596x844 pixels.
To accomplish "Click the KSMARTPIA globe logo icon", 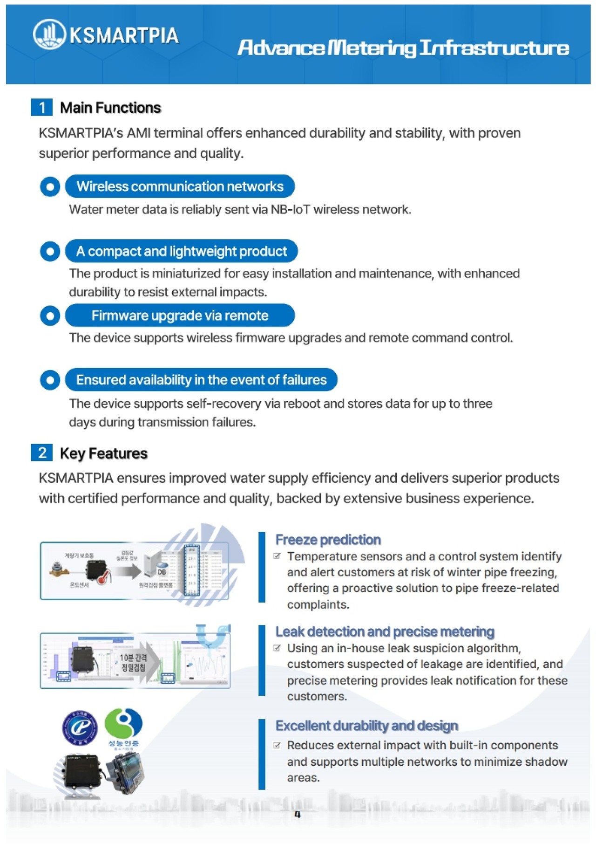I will [49, 34].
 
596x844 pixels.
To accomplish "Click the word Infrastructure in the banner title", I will [494, 48].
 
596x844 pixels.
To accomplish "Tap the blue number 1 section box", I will [42, 107].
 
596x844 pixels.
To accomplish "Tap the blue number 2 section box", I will [42, 453].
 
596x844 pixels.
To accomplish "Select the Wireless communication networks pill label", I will [180, 186].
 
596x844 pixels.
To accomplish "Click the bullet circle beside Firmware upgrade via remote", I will [50, 316].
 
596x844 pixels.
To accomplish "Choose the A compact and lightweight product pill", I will [181, 251].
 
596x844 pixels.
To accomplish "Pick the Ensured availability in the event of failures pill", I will [201, 380].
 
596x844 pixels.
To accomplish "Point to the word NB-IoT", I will [290, 209].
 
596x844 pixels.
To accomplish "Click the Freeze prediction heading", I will [328, 540].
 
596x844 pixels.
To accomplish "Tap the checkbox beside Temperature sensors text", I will [278, 556].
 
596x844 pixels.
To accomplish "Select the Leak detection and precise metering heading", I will [385, 631].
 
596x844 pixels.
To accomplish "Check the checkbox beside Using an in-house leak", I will [278, 648].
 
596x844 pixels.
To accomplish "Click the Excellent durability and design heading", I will [366, 726].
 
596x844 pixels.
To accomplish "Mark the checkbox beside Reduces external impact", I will [278, 745].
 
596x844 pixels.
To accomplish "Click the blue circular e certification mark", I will [80, 727].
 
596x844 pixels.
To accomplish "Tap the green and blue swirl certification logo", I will [123, 723].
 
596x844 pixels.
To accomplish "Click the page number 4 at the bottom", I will [298, 815].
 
